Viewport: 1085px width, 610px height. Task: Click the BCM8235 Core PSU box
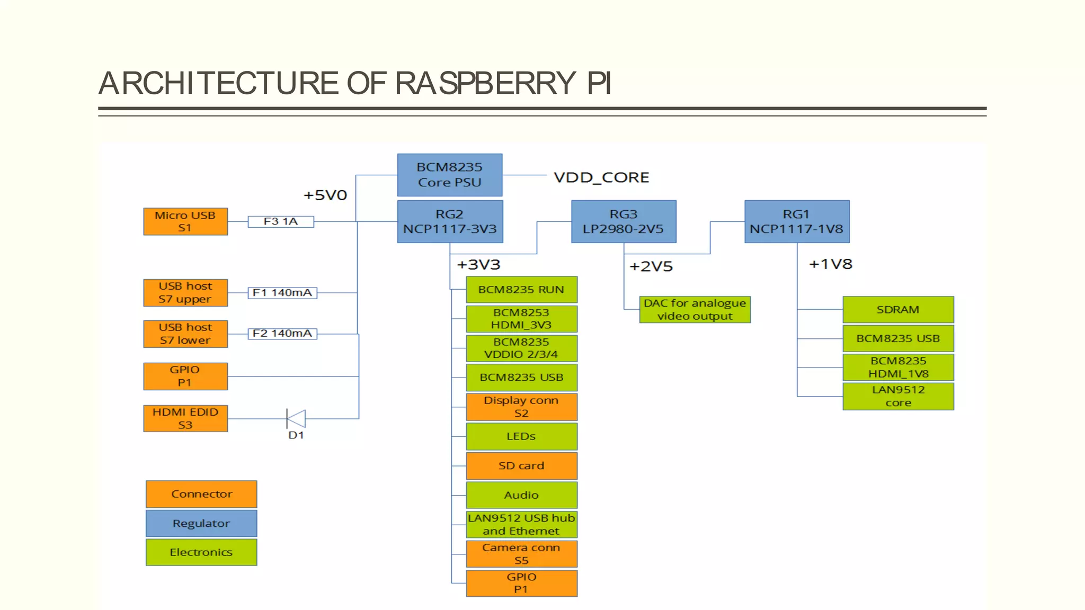point(449,175)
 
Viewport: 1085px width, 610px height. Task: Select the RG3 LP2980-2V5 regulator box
point(624,221)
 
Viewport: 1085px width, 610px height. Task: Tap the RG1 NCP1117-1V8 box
point(797,221)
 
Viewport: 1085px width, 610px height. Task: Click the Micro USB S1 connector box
point(185,221)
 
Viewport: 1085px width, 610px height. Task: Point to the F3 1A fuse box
point(281,221)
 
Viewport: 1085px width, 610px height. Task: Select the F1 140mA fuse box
point(282,293)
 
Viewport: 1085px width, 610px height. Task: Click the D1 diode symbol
point(296,418)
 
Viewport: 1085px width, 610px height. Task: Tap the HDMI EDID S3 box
point(185,418)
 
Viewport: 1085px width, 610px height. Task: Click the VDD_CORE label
point(601,177)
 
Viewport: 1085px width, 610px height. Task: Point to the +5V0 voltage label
point(325,195)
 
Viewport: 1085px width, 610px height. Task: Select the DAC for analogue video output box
point(695,310)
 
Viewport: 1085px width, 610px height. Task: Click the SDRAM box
point(898,310)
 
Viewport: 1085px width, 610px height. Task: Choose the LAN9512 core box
point(898,396)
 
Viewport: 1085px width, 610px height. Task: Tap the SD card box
point(521,465)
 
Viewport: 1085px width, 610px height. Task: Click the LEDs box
point(521,436)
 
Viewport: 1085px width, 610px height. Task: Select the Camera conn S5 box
point(521,554)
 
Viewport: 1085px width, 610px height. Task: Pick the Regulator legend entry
point(201,523)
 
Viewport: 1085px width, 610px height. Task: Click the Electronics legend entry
point(201,552)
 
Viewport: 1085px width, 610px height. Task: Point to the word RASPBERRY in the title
point(485,83)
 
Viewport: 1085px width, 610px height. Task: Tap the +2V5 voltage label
point(651,266)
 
